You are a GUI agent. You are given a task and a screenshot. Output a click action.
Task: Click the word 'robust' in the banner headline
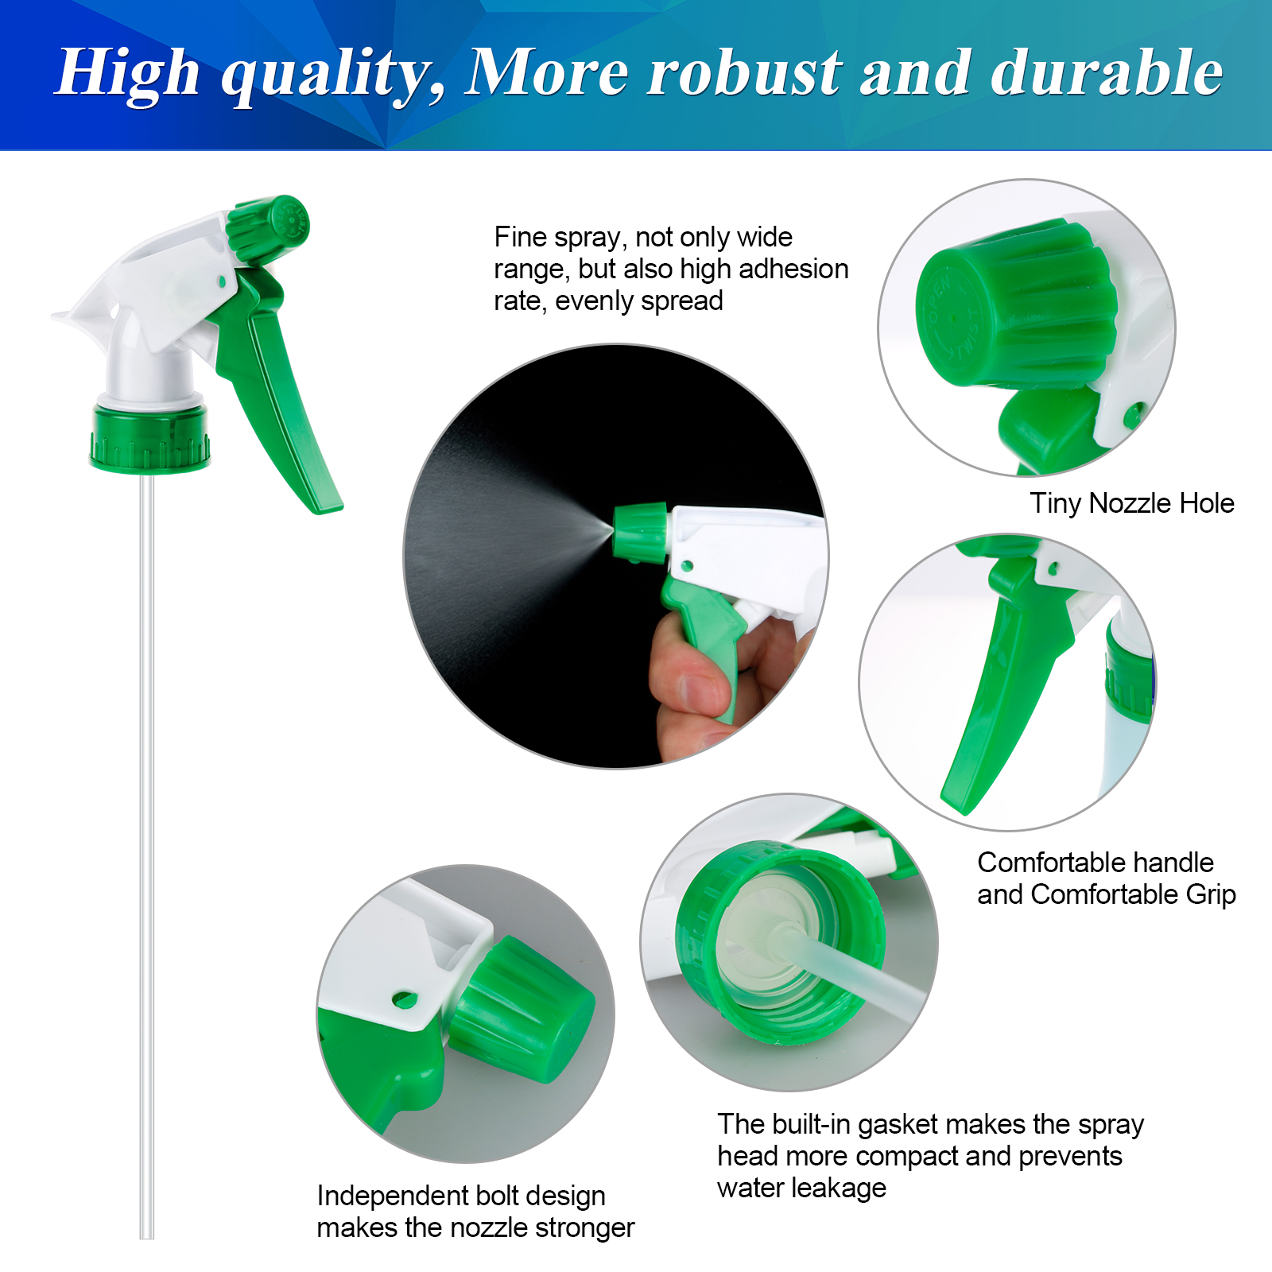744,73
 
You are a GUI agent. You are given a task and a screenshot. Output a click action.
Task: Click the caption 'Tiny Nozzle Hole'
1131,503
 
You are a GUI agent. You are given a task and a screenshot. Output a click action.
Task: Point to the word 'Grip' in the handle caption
1211,895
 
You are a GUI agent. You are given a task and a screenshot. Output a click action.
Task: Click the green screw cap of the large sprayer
149,438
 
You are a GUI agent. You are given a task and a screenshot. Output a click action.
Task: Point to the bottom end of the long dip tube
147,1236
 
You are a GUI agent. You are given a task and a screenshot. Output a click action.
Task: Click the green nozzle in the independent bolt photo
521,1010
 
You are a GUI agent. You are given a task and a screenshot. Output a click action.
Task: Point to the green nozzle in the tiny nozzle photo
1018,306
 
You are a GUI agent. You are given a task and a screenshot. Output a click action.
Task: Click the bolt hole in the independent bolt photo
405,999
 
